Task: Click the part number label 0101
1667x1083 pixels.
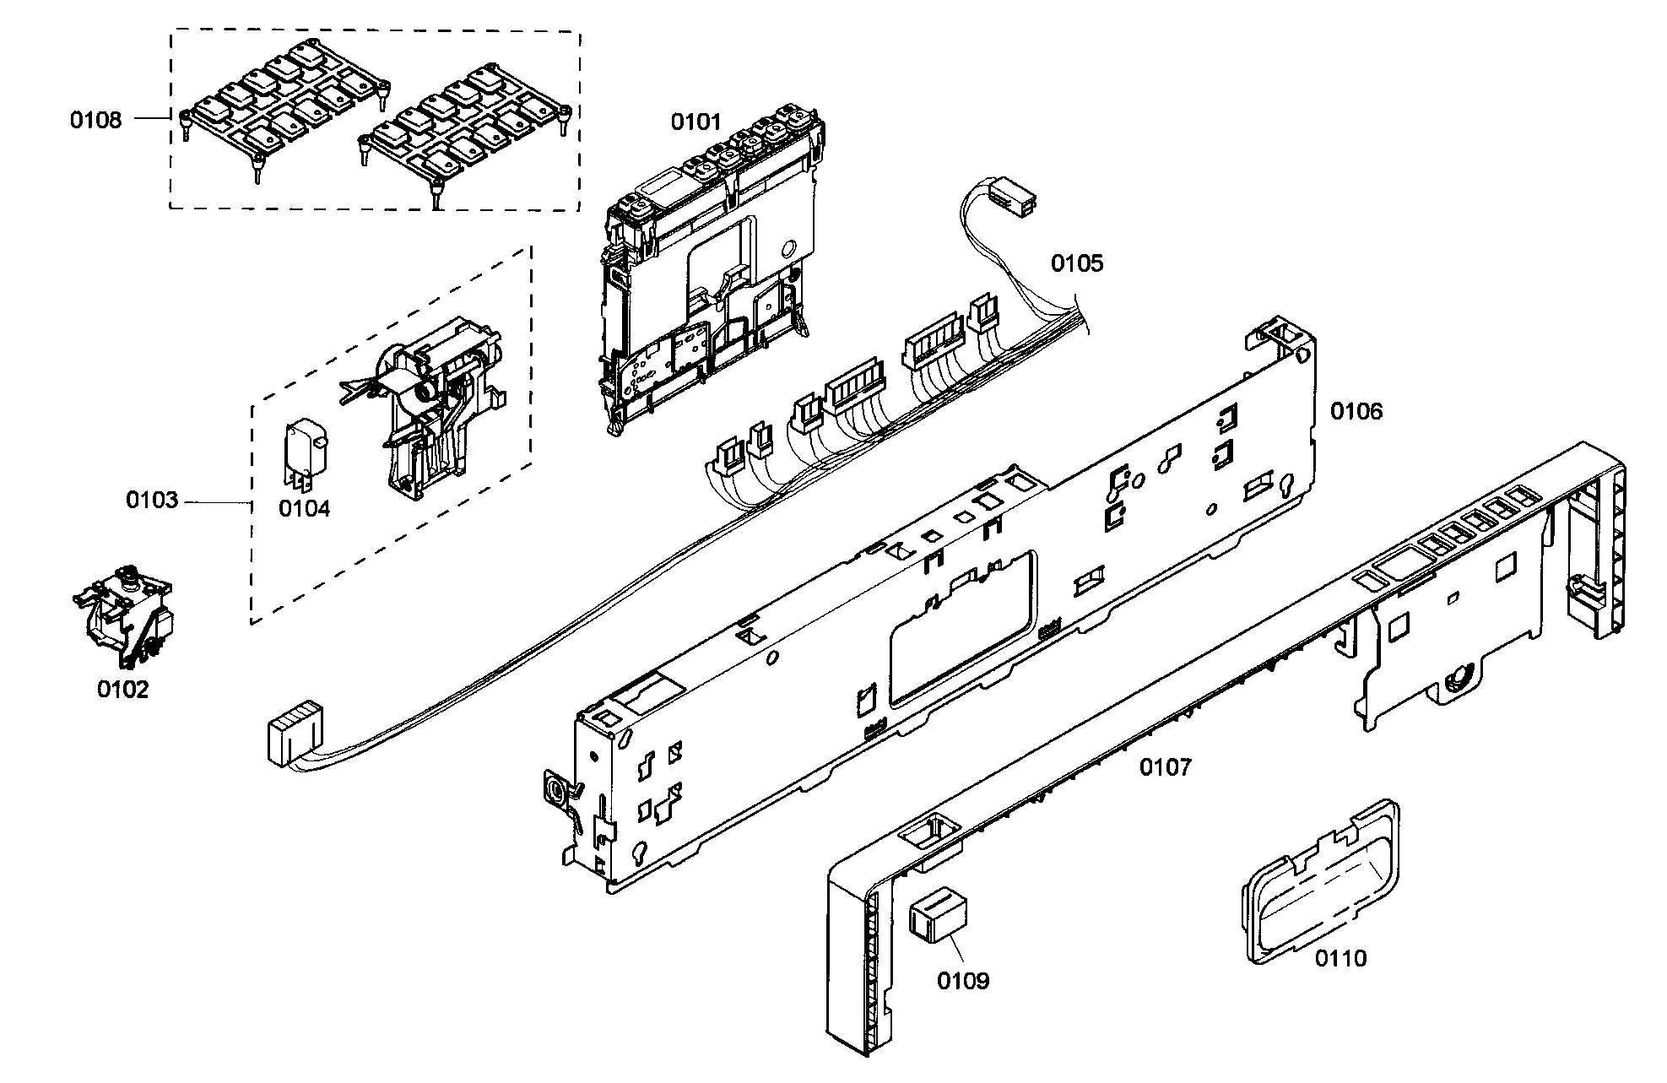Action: coord(696,122)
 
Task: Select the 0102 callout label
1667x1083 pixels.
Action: coord(122,690)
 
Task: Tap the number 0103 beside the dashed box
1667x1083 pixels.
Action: coord(153,501)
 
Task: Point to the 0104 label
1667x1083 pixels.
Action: coord(305,508)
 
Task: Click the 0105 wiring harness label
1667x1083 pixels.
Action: coord(1077,263)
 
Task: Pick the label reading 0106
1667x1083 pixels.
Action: coord(1357,411)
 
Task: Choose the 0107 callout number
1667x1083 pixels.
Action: coord(1166,767)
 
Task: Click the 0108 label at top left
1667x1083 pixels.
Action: coord(95,120)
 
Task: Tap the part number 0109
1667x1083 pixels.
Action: coord(963,981)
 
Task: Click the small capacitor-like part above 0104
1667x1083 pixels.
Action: coord(305,454)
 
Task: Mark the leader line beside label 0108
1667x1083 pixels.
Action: coord(153,120)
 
